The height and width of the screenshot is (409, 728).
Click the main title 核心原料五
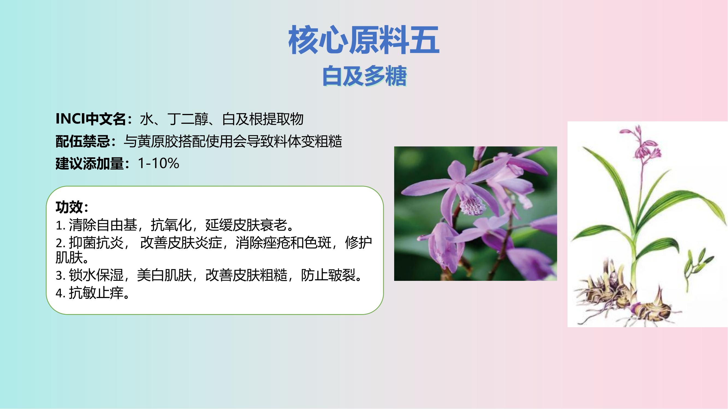[364, 40]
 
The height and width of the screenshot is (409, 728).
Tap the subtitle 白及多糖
[365, 76]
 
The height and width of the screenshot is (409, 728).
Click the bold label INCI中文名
[90, 119]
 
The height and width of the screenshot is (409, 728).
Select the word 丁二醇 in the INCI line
[188, 119]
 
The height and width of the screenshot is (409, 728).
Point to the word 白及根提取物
[263, 119]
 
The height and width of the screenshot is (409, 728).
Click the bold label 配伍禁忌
[83, 141]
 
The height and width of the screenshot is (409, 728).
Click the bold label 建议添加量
[90, 163]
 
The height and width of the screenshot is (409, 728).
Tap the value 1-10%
[159, 163]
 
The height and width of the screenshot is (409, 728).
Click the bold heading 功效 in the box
[69, 207]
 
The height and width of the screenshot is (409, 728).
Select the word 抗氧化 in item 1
[171, 225]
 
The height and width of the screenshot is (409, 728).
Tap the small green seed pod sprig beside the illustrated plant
[698, 261]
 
